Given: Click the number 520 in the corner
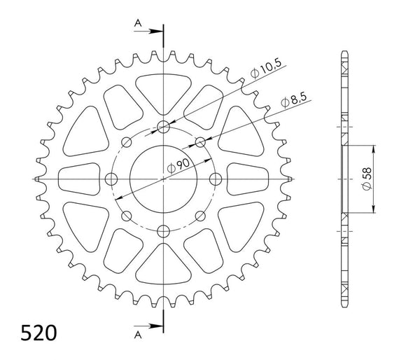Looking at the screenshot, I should click(x=34, y=331).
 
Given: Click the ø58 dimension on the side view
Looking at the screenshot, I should click(x=373, y=179).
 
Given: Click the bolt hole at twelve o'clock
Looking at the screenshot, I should click(x=164, y=127).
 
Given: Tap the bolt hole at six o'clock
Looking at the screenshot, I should click(x=164, y=230).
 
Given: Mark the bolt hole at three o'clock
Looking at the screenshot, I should click(x=216, y=179).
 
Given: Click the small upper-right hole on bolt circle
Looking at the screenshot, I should click(x=200, y=143).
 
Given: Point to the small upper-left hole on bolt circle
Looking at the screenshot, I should click(x=127, y=143).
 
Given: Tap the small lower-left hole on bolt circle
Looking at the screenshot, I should click(x=127, y=216).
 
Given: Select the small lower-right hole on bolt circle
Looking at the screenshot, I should click(x=200, y=216).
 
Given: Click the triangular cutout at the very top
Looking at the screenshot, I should click(x=164, y=88).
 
